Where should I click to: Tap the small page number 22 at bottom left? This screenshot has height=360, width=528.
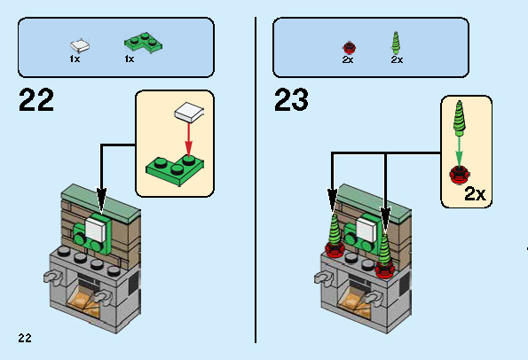click(24, 337)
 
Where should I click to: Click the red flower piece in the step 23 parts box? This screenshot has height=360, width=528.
click(348, 45)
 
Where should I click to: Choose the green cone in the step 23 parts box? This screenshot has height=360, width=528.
click(396, 42)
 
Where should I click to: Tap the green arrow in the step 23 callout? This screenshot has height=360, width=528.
click(460, 148)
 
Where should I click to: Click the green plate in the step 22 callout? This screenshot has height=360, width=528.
click(174, 168)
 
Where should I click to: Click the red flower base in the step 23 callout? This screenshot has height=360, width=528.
click(460, 173)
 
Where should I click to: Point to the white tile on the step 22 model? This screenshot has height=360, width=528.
click(97, 229)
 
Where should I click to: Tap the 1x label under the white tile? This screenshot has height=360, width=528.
click(75, 59)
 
